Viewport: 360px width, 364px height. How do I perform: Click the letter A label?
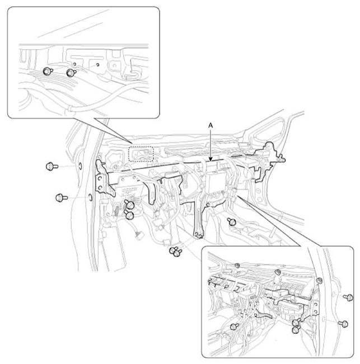211,126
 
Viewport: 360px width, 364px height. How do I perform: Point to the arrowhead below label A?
211,159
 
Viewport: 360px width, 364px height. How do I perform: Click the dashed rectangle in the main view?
141,154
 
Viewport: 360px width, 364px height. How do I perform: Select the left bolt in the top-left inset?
48,71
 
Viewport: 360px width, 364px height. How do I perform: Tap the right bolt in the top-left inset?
71,73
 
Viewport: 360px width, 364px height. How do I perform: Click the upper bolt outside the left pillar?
52,166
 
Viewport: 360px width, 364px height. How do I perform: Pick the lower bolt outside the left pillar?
62,198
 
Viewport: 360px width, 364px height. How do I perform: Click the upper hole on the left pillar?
80,166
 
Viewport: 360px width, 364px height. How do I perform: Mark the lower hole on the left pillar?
91,198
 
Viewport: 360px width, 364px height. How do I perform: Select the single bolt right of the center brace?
232,221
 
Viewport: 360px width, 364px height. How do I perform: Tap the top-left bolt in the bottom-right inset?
237,266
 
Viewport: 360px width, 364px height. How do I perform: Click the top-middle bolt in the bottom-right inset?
277,272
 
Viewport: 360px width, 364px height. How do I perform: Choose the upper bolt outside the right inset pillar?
348,297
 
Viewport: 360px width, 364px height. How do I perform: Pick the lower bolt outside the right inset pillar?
344,324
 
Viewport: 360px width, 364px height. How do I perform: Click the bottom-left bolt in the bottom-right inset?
234,327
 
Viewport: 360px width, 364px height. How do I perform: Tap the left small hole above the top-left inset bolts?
74,64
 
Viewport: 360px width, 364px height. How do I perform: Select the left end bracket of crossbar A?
104,180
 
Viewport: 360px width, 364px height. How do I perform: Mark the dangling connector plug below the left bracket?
140,236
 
